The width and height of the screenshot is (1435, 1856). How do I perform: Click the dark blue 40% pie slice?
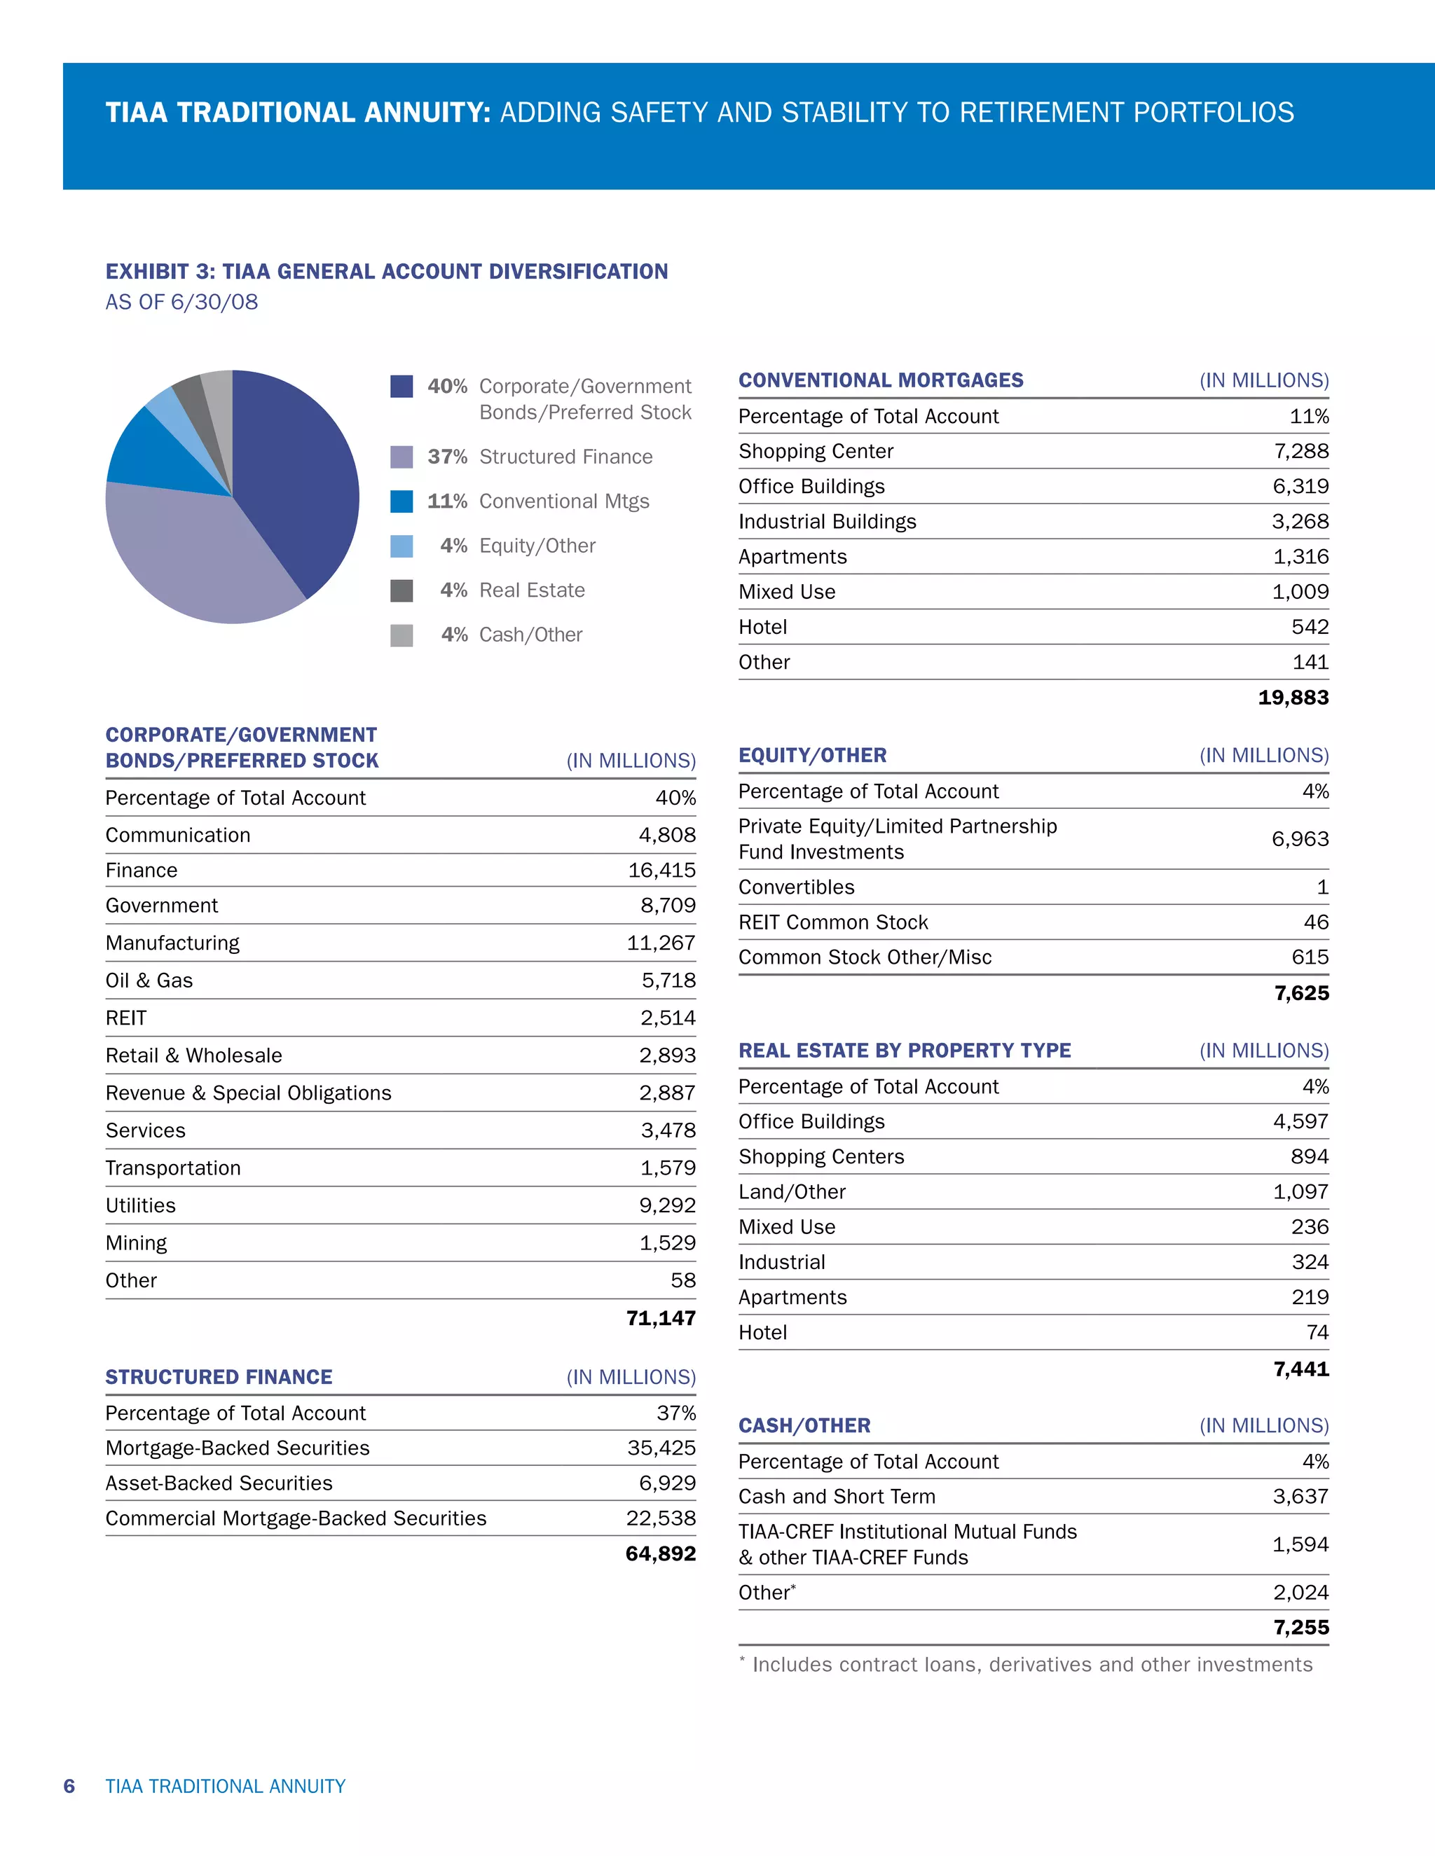(x=298, y=476)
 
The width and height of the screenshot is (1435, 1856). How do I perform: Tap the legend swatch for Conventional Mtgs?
(x=401, y=501)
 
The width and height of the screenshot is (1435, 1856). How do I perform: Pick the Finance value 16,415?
(x=661, y=870)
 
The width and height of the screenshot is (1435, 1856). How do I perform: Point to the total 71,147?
(x=661, y=1318)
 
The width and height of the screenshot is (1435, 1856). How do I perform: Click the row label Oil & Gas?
(x=149, y=981)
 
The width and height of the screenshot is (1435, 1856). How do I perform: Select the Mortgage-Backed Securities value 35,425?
(x=661, y=1448)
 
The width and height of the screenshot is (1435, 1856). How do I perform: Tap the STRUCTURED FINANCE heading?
(x=219, y=1377)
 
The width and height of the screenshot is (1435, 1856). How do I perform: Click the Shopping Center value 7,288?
(x=1300, y=451)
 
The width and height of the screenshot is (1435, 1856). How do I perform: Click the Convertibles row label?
(x=796, y=887)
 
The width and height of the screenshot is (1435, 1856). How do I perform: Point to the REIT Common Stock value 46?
(x=1316, y=922)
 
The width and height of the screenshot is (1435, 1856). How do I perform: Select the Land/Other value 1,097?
(x=1300, y=1192)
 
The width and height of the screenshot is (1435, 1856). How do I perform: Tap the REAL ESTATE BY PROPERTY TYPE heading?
(x=905, y=1051)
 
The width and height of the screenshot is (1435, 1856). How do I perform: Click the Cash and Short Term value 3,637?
(x=1300, y=1497)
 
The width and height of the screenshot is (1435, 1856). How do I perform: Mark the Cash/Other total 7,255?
(x=1300, y=1628)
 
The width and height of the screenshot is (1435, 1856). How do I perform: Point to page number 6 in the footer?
(x=69, y=1787)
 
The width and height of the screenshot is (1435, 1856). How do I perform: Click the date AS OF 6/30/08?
(x=181, y=302)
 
